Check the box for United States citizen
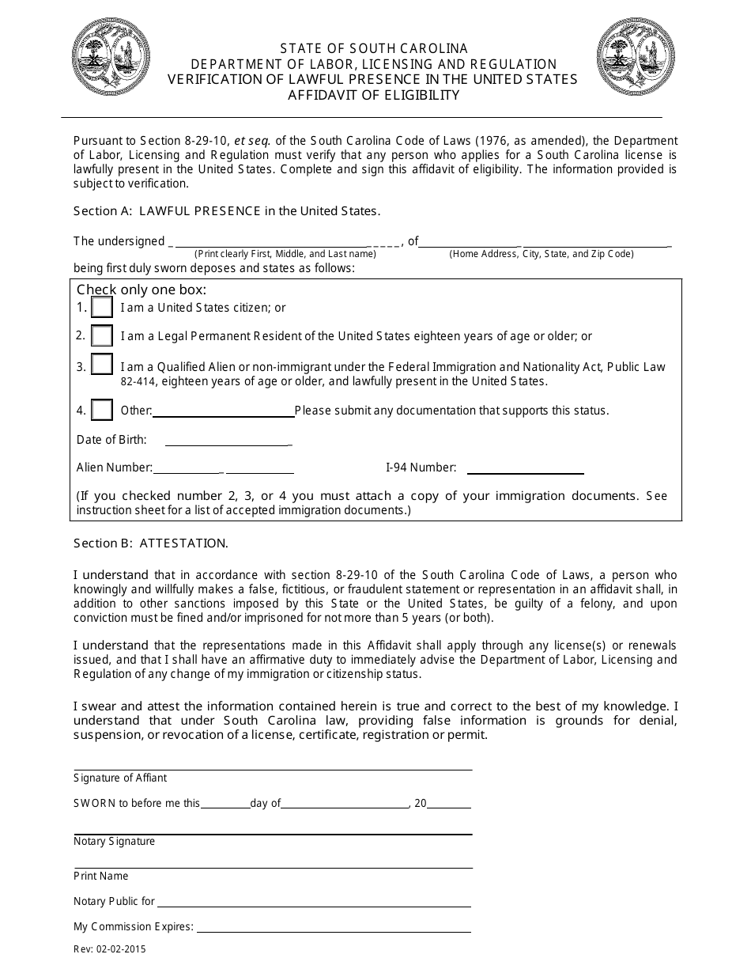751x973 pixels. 102,307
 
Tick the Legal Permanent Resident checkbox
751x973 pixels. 102,335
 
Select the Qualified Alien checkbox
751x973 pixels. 102,365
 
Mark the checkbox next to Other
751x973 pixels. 102,410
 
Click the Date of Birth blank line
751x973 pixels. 228,443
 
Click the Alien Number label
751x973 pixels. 114,468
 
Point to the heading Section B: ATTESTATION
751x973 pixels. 151,543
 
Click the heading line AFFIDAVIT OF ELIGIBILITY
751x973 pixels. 373,96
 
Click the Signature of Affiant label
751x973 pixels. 120,778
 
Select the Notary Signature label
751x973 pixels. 115,841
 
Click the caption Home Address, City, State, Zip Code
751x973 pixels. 542,254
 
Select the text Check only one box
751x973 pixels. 142,290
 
